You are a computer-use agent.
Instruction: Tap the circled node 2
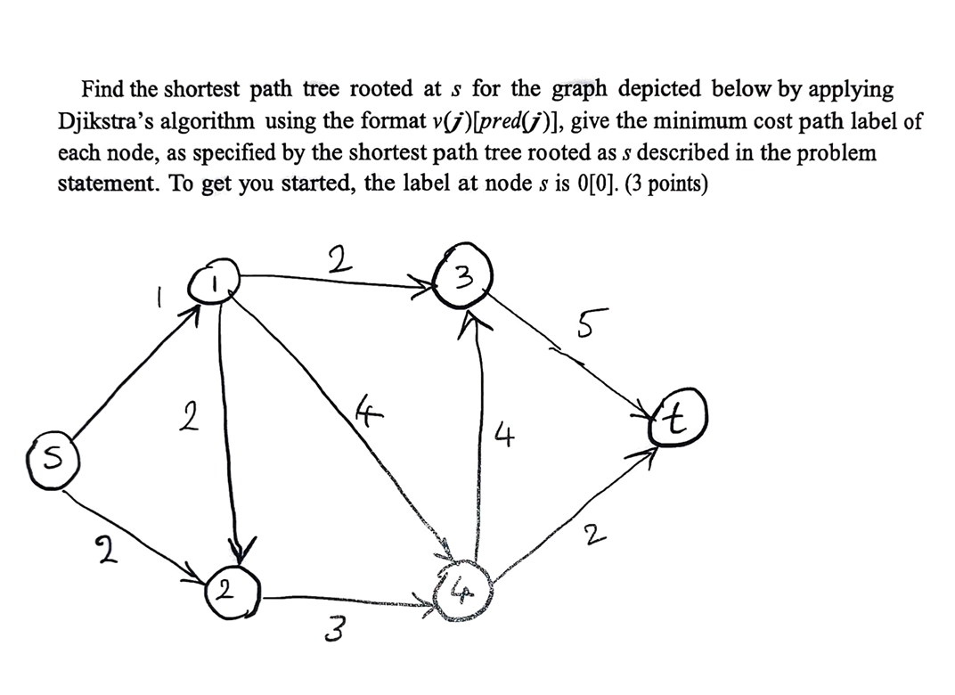[x=232, y=589]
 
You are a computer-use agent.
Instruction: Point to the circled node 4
[x=461, y=587]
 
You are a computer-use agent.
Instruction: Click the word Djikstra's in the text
[x=107, y=121]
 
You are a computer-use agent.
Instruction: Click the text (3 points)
[x=669, y=185]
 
